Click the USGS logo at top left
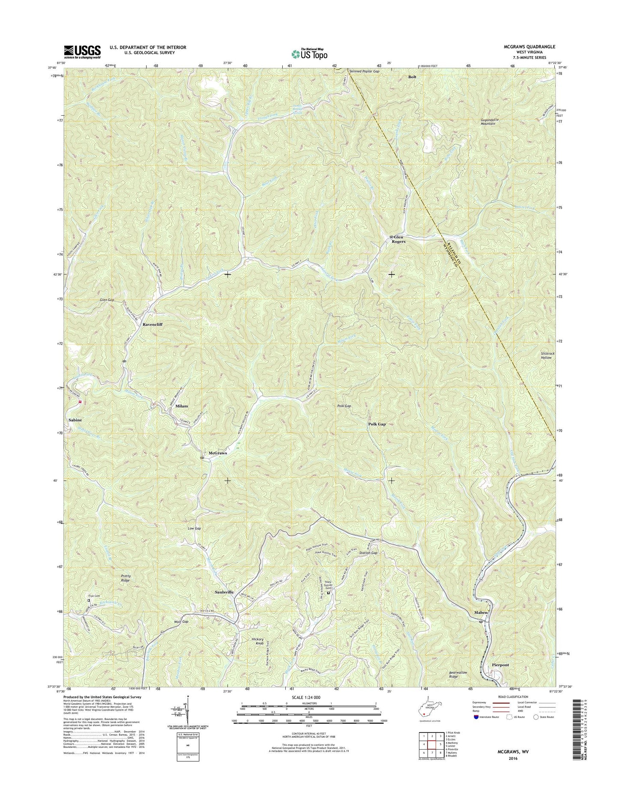[x=82, y=52]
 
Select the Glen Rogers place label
[x=398, y=239]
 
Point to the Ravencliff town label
[x=153, y=325]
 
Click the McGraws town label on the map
[x=217, y=453]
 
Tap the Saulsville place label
[x=224, y=592]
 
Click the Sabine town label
[x=75, y=420]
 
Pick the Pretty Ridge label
[x=125, y=578]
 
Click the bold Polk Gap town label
[x=377, y=424]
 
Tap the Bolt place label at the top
[x=412, y=77]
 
